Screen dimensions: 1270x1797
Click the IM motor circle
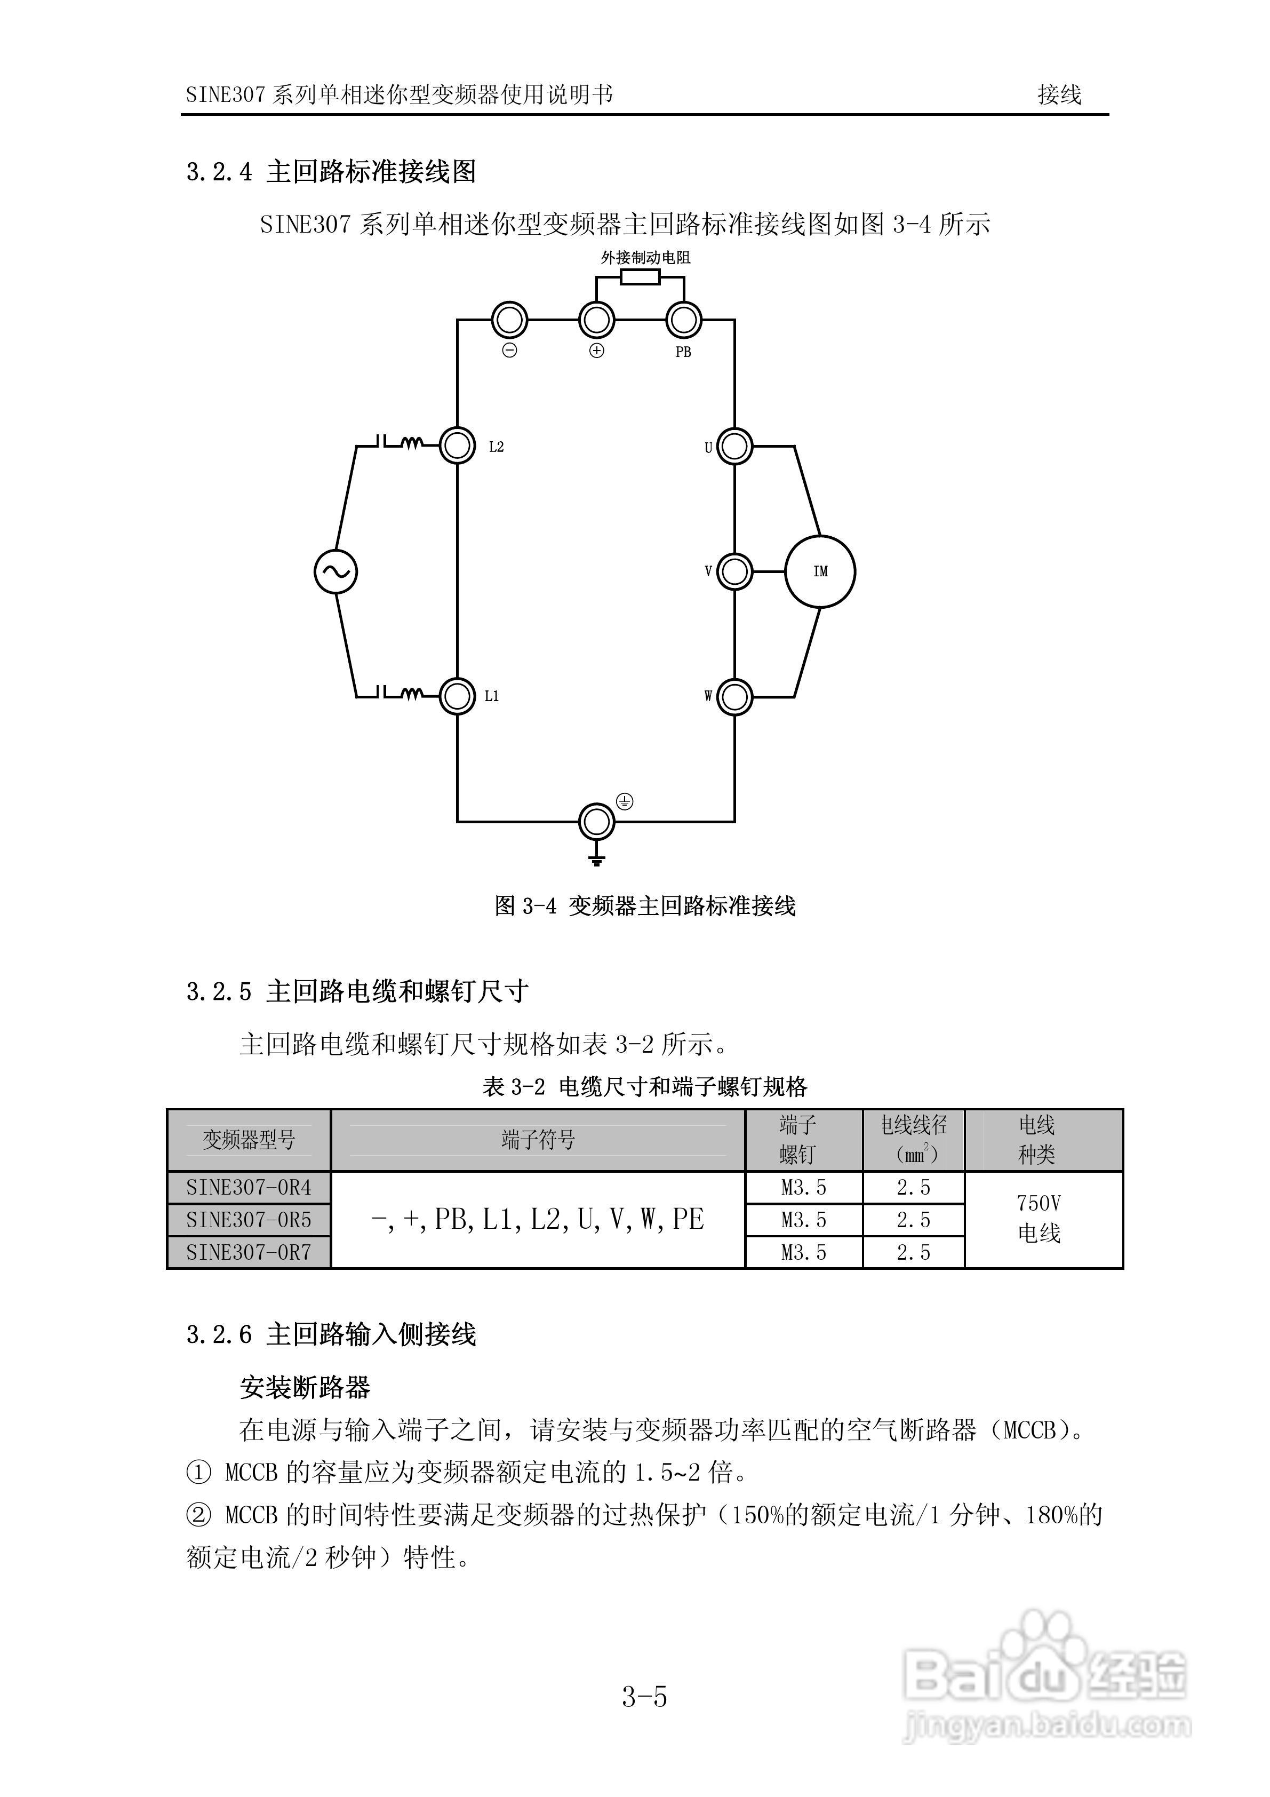[819, 571]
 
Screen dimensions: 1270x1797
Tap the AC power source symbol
[336, 571]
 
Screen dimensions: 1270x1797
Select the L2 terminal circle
[458, 446]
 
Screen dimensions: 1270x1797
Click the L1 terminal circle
[458, 696]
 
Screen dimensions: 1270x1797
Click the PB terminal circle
[684, 320]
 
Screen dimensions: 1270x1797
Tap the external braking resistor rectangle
[640, 277]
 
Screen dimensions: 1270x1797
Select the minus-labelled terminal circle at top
[509, 320]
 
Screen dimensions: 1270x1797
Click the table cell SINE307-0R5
[249, 1219]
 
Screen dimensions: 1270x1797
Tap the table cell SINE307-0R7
[249, 1252]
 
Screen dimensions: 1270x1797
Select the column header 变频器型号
[249, 1140]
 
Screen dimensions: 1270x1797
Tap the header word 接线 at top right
[1059, 94]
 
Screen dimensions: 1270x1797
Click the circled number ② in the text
[199, 1515]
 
